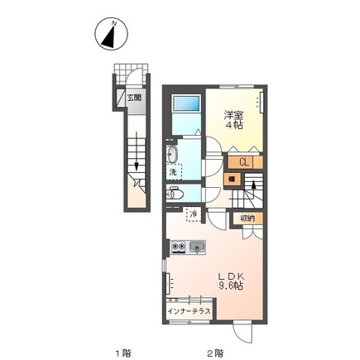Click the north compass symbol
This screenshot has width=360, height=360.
point(111,34)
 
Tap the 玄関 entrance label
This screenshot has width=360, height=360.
point(134,98)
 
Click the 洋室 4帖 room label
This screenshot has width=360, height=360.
point(233,120)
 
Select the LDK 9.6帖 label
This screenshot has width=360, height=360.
point(231,281)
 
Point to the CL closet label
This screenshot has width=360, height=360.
point(244,162)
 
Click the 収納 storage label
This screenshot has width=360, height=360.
point(247,218)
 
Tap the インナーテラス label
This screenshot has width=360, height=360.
point(190,311)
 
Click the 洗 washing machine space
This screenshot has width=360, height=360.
point(174,172)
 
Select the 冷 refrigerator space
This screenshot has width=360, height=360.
point(194,214)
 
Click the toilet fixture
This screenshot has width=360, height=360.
point(175,193)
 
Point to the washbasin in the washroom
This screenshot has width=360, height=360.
point(172,154)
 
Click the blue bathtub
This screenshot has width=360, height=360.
point(186,103)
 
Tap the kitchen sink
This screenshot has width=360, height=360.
point(197,247)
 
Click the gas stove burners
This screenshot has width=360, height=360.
point(178,247)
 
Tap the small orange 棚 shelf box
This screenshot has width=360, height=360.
point(233,180)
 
